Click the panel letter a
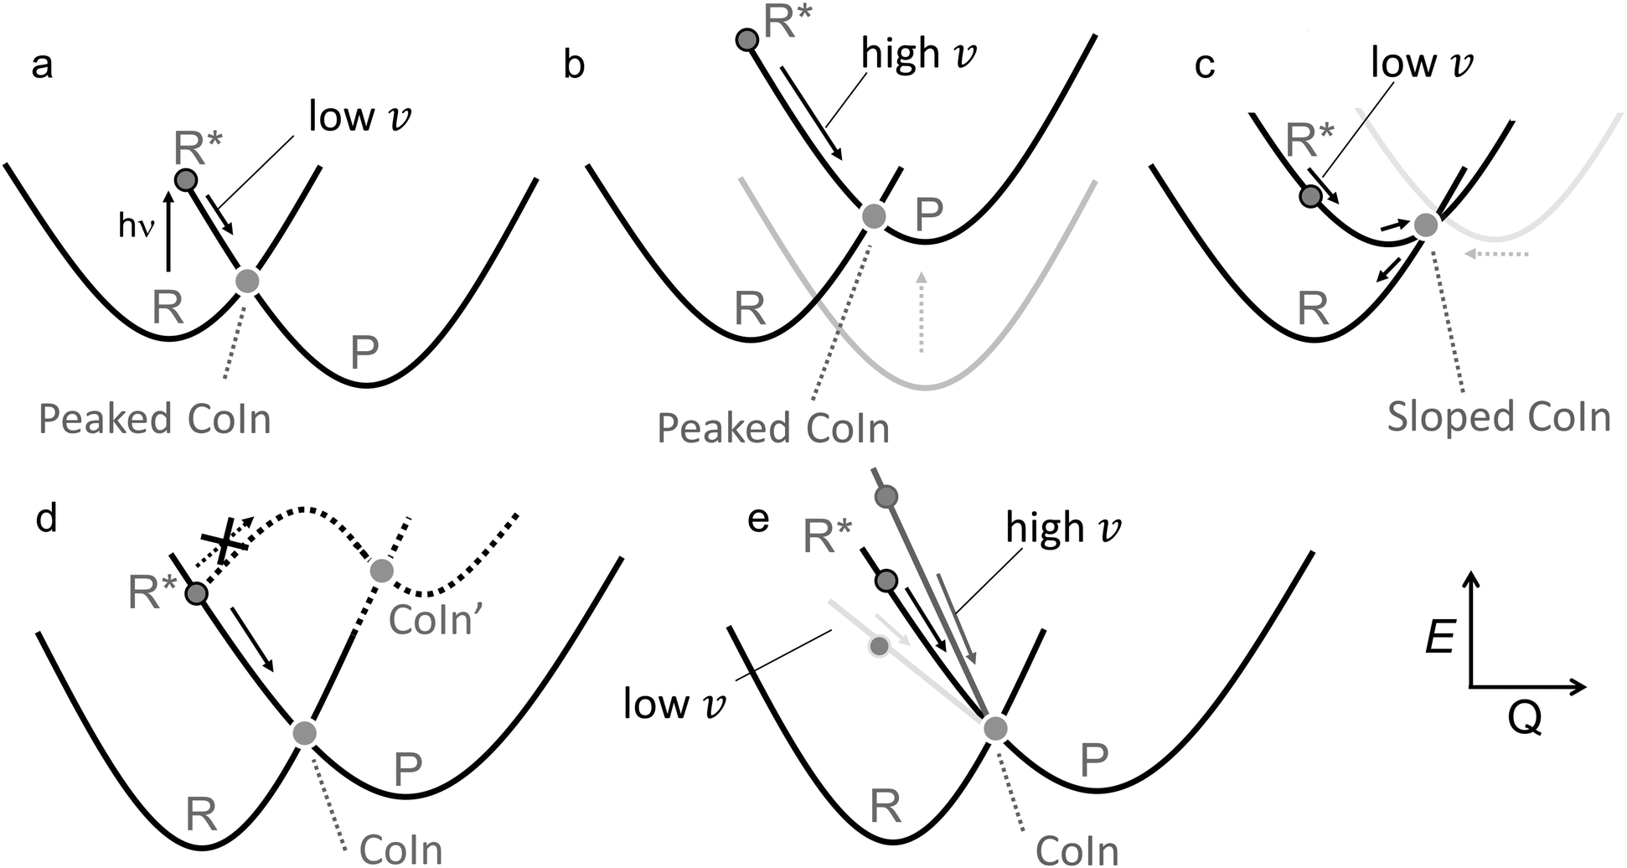pyautogui.click(x=42, y=66)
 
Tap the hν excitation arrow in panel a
pyautogui.click(x=168, y=231)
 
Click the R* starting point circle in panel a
pyautogui.click(x=185, y=179)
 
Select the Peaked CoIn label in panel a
pyautogui.click(x=155, y=419)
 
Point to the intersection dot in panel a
pyautogui.click(x=246, y=282)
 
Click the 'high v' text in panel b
pyautogui.click(x=919, y=54)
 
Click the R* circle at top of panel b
pyautogui.click(x=746, y=39)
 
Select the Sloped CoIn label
pyautogui.click(x=1499, y=416)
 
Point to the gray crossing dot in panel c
pyautogui.click(x=1425, y=225)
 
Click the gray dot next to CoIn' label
pyautogui.click(x=381, y=571)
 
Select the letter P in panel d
pyautogui.click(x=408, y=769)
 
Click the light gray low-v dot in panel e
pyautogui.click(x=879, y=647)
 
